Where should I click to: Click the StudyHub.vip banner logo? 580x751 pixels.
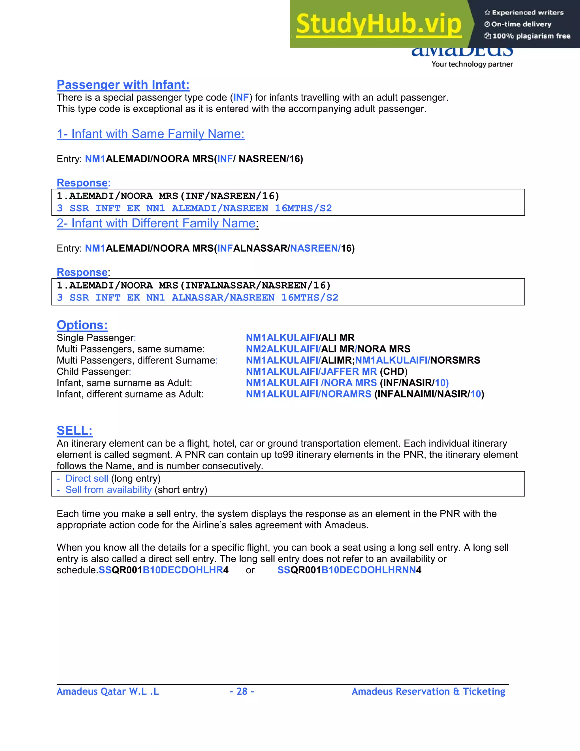(379, 24)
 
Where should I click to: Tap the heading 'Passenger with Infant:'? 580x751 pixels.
(123, 84)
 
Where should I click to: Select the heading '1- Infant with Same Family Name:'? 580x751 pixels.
(150, 134)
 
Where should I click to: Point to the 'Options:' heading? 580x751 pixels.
(82, 325)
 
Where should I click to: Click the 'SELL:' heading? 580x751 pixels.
(74, 430)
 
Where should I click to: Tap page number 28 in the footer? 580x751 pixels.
(242, 691)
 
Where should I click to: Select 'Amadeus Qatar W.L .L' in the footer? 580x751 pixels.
(108, 691)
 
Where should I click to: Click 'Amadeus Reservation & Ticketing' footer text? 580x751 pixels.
(428, 691)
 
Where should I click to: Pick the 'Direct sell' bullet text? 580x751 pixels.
(87, 478)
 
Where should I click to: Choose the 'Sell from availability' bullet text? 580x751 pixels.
(108, 490)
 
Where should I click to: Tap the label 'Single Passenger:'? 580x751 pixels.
(96, 338)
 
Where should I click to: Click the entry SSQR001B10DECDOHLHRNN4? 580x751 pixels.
(349, 570)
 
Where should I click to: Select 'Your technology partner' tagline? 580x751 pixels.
(472, 64)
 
